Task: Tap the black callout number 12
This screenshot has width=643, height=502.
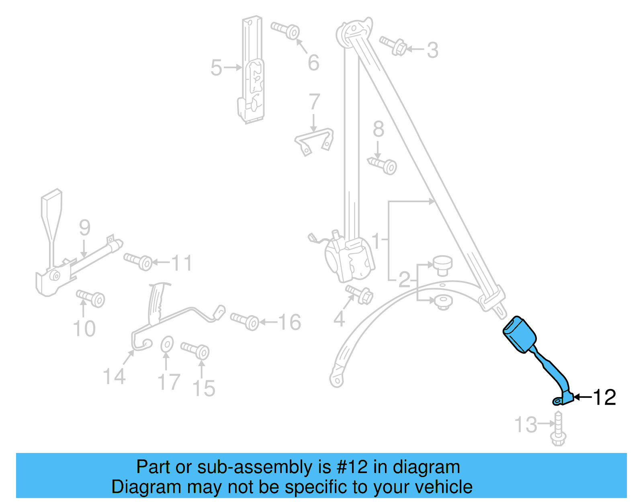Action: tap(604, 398)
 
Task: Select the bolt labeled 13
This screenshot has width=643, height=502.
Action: tap(558, 430)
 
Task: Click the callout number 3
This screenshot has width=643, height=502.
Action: tap(432, 50)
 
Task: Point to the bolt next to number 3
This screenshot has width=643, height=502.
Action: tap(394, 46)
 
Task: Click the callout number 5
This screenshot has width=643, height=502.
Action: tap(216, 68)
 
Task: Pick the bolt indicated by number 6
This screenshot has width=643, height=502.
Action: tap(286, 30)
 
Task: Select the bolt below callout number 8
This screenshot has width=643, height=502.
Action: tap(383, 165)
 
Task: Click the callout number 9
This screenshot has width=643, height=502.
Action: tap(84, 228)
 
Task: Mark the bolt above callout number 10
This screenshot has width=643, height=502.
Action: tap(91, 298)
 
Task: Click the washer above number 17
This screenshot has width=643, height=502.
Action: tap(167, 344)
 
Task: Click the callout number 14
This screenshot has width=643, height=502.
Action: tap(114, 377)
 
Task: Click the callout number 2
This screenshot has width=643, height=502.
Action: tap(404, 279)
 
